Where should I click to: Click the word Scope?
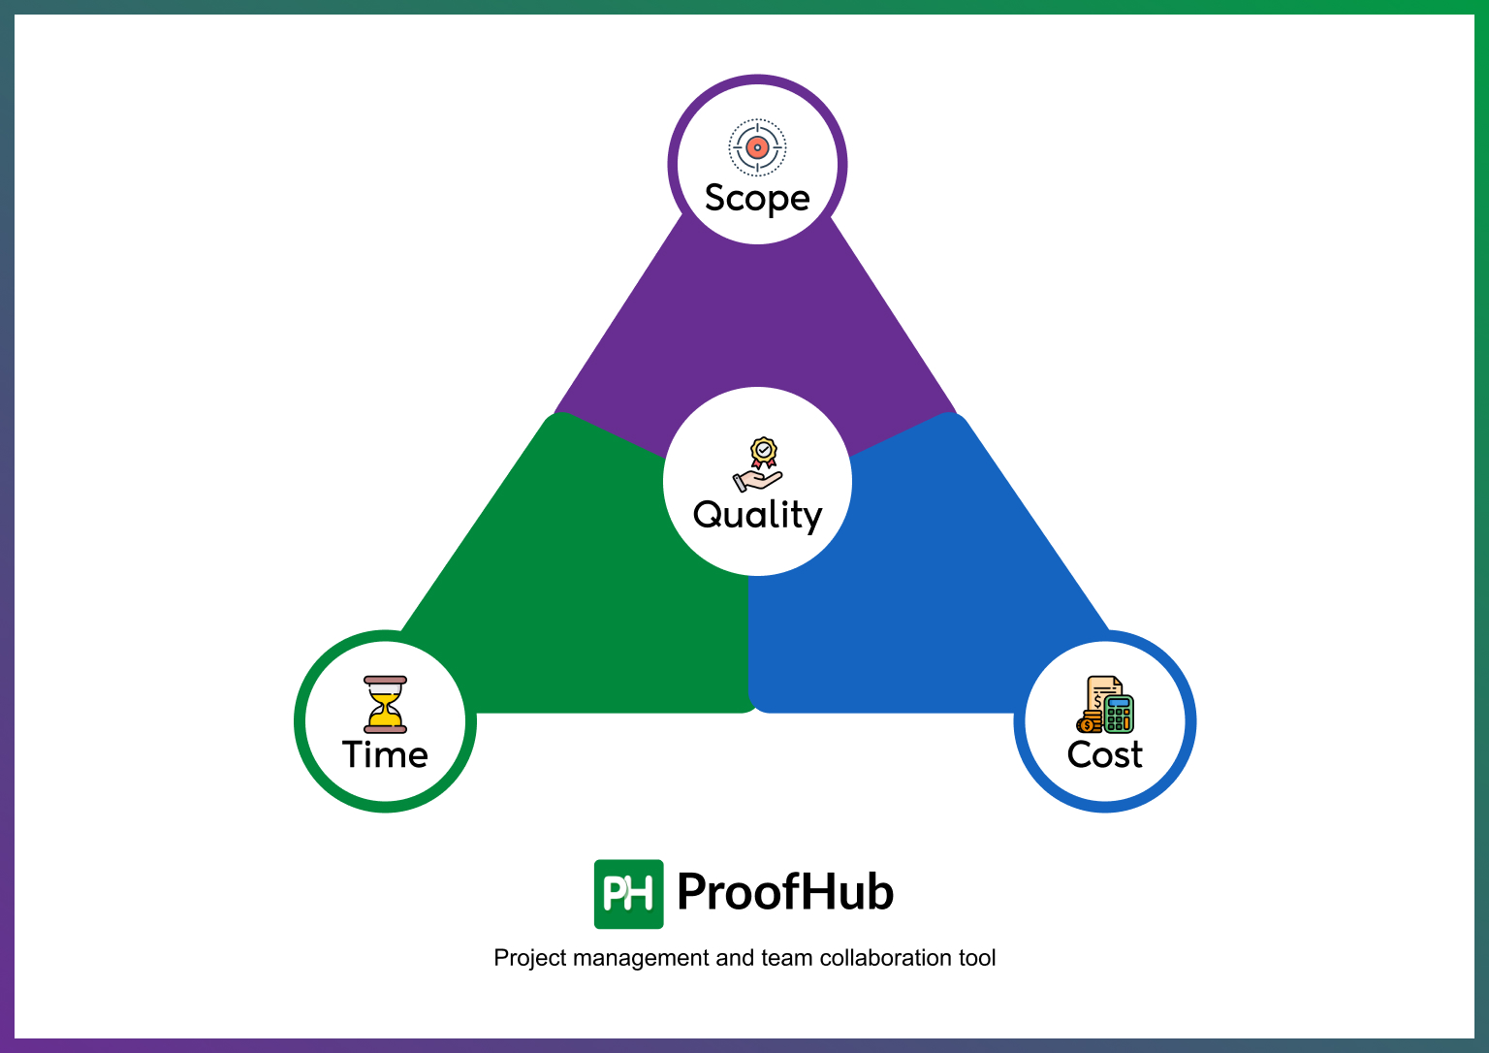(757, 199)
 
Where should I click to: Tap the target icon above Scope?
(757, 147)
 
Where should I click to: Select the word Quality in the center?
(757, 515)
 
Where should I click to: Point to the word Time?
(385, 754)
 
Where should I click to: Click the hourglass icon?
(385, 704)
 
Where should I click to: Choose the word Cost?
(1104, 754)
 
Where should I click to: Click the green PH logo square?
(628, 893)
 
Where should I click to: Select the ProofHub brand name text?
(785, 892)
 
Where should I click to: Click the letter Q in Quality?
(710, 515)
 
